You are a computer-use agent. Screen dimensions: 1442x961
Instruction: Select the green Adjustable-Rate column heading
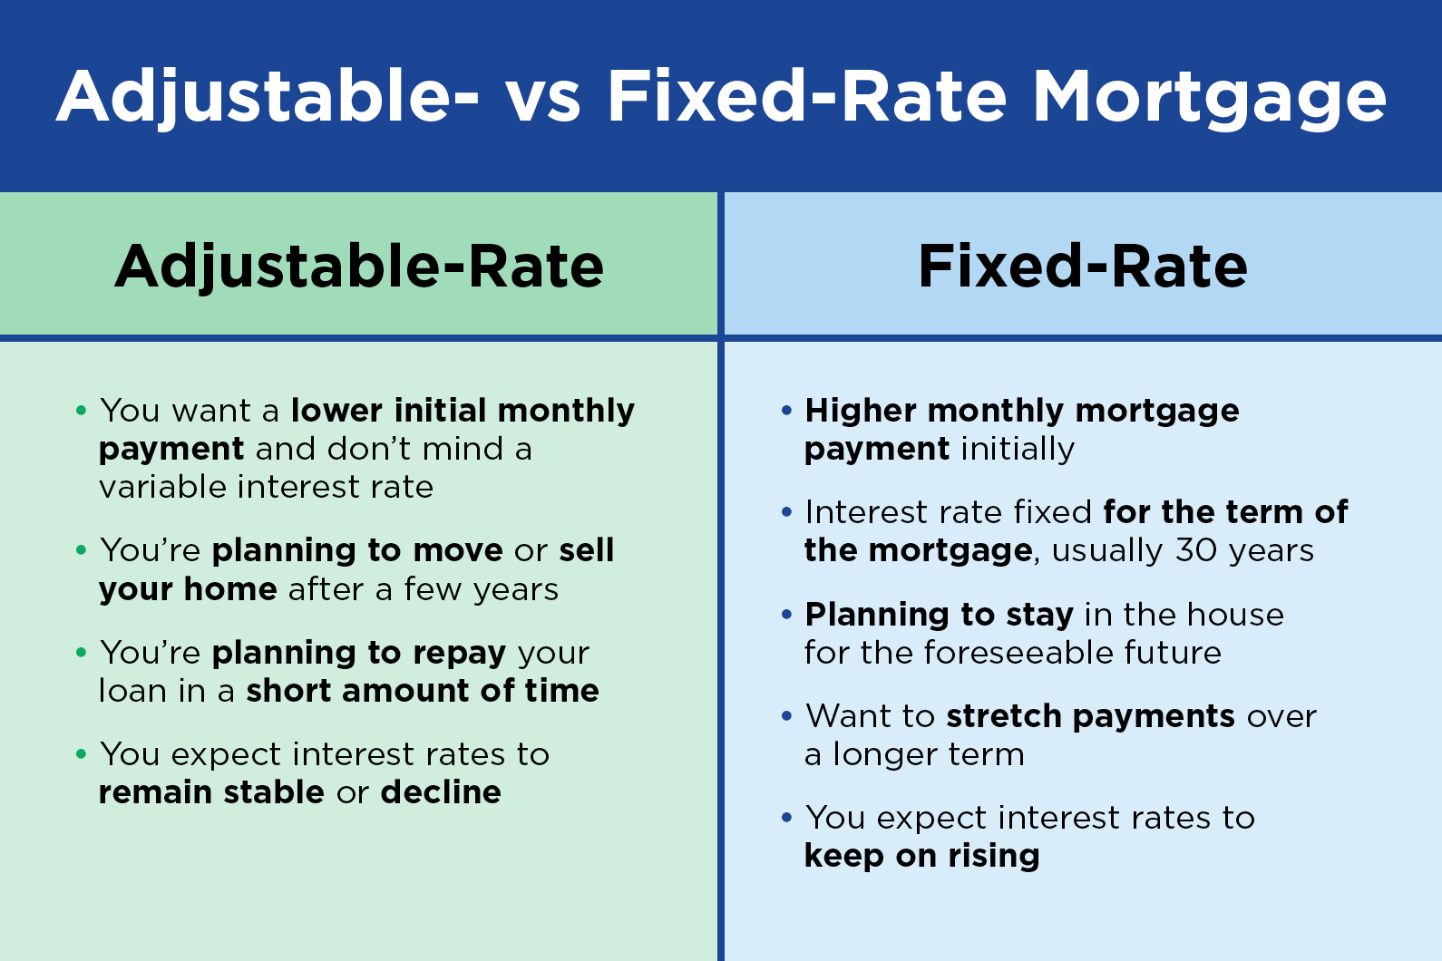(x=359, y=267)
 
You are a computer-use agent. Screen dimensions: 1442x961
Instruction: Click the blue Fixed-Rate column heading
(x=1083, y=266)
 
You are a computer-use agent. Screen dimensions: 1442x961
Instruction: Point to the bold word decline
(x=441, y=791)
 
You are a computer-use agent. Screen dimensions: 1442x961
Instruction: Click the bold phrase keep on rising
(x=921, y=856)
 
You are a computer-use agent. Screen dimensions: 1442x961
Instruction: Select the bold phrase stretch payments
(x=1090, y=716)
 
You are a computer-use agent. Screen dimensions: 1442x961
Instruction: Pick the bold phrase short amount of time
(x=423, y=690)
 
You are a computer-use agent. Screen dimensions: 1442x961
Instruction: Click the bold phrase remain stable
(x=211, y=791)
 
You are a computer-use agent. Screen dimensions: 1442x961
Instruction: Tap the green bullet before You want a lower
(x=81, y=410)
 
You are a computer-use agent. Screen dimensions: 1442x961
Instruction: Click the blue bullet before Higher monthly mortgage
(x=786, y=410)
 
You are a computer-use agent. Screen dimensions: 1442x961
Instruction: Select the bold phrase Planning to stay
(x=940, y=615)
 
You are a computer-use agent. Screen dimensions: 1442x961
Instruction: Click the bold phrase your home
(x=188, y=589)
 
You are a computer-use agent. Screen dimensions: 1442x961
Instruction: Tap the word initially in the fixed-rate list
(x=1018, y=449)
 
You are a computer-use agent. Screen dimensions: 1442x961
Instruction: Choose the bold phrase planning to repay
(x=359, y=654)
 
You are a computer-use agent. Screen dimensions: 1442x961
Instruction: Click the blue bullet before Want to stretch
(x=786, y=715)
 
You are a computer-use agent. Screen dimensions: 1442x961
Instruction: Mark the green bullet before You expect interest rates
(x=81, y=753)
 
